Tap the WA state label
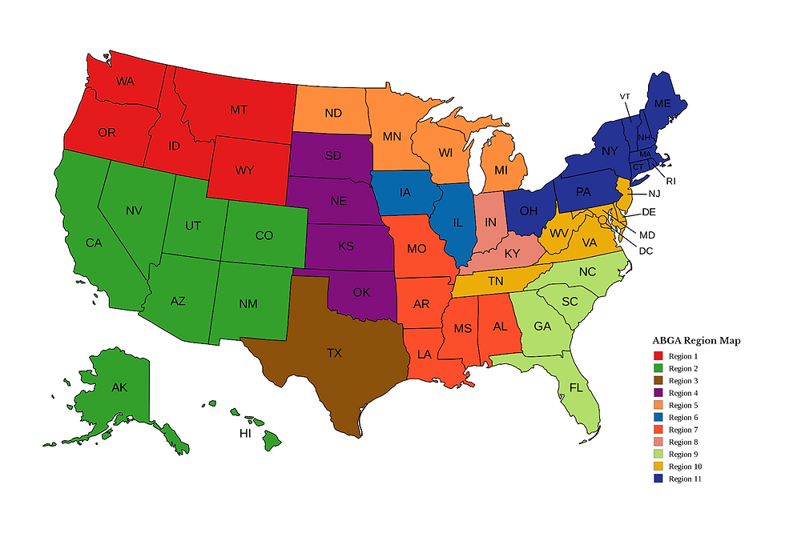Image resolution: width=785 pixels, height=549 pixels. pos(124,81)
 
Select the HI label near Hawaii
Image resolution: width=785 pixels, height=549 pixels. pos(247,433)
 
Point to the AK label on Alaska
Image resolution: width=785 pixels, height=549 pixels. pos(119,387)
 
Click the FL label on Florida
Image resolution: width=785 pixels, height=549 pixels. pos(576,387)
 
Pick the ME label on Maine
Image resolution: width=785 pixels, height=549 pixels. pos(662,104)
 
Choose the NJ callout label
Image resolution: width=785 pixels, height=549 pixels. pos(654,193)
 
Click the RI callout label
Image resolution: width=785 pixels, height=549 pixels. pos(670,181)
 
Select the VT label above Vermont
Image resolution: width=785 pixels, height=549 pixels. pos(625,96)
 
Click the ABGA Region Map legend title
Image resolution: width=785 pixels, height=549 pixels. pos(696,340)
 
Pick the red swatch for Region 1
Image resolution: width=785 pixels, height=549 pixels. pos(658,355)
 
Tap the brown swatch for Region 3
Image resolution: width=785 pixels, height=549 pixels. pos(658,380)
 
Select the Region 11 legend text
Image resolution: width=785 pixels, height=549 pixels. pos(686,479)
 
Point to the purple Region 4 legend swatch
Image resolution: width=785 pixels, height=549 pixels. pos(658,392)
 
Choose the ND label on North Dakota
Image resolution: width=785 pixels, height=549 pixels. pos(333,113)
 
